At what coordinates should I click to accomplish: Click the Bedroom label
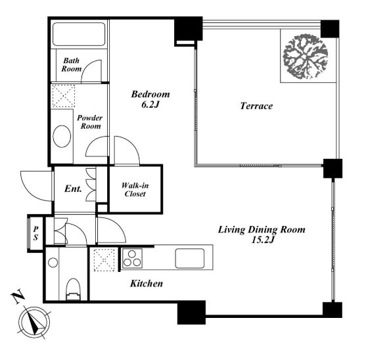[150, 94]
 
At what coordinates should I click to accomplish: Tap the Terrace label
[256, 106]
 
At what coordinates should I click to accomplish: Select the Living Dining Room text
[262, 230]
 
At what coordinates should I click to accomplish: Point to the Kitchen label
[147, 284]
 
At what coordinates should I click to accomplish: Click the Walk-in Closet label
[135, 190]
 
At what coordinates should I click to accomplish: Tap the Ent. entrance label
[73, 189]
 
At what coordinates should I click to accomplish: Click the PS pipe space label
[35, 233]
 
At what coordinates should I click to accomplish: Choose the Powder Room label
[90, 122]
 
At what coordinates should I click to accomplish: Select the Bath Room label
[72, 64]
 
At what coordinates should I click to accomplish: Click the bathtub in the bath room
[79, 34]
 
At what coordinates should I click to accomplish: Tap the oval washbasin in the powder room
[62, 137]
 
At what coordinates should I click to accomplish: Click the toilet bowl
[74, 289]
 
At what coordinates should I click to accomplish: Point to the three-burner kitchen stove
[132, 259]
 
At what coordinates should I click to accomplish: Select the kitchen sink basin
[190, 258]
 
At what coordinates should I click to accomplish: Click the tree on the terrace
[306, 56]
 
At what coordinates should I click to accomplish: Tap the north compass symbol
[34, 323]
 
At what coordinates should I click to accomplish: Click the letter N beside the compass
[18, 296]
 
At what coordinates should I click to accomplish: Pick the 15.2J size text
[263, 240]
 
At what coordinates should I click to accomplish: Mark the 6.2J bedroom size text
[150, 104]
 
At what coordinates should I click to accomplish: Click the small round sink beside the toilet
[53, 263]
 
